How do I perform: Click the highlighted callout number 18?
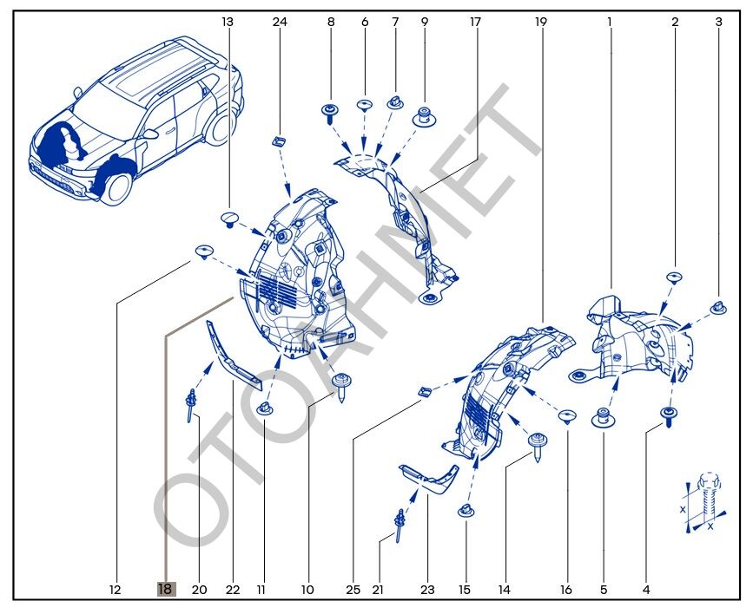[165, 590]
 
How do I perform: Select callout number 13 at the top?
[228, 21]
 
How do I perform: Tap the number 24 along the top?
[280, 21]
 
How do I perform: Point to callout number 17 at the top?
[475, 21]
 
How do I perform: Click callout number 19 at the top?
[541, 21]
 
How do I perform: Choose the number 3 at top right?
[718, 21]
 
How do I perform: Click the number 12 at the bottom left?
[115, 590]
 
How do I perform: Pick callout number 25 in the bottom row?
[353, 590]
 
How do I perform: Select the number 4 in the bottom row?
[646, 590]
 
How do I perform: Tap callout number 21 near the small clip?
[378, 590]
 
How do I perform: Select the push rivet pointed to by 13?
[230, 216]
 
